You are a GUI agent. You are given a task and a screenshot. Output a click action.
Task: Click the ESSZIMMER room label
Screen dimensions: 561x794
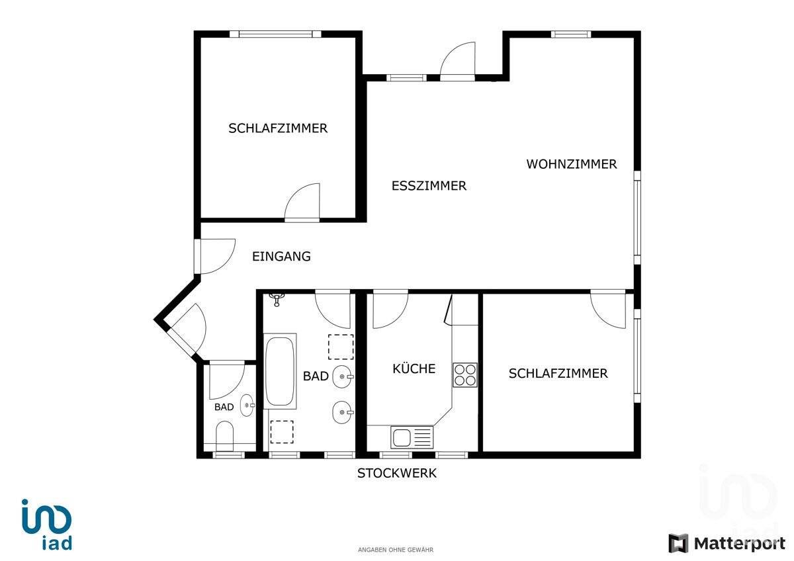(x=429, y=186)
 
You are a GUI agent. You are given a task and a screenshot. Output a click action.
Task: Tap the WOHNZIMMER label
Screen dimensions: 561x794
(x=571, y=164)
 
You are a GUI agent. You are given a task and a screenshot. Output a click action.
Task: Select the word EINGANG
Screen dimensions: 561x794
(x=281, y=257)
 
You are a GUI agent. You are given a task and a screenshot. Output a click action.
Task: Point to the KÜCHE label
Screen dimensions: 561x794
(x=414, y=368)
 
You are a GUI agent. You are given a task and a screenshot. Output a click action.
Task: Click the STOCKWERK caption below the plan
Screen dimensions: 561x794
(x=396, y=473)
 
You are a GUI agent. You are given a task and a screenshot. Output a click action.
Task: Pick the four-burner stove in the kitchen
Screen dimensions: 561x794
(x=464, y=374)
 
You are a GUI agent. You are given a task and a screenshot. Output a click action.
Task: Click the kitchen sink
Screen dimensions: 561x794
(x=412, y=437)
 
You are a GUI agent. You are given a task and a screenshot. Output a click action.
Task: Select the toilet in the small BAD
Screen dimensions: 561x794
(x=224, y=437)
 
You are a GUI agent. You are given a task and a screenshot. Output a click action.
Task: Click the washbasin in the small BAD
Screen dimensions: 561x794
(x=247, y=405)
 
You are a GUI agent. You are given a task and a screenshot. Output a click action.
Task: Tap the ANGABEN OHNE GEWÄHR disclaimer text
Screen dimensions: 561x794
(x=396, y=550)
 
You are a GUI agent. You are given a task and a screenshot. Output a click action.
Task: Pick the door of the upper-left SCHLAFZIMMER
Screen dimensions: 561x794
(x=302, y=202)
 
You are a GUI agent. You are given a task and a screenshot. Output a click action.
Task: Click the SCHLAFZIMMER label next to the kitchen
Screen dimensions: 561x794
(x=558, y=374)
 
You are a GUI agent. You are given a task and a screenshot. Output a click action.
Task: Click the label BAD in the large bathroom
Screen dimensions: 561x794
(x=316, y=376)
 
